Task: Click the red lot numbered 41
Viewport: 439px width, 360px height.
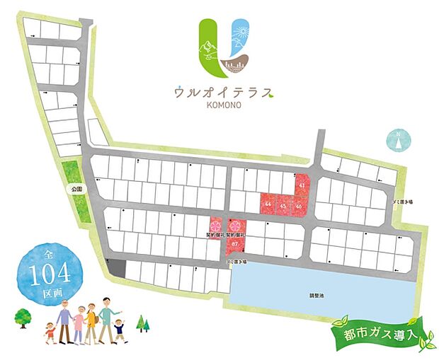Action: point(302,185)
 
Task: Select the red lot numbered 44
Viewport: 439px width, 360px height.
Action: point(268,204)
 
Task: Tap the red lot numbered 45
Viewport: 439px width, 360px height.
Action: point(284,205)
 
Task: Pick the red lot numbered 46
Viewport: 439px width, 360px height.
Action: point(300,205)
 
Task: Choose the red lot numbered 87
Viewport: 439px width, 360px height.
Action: point(234,244)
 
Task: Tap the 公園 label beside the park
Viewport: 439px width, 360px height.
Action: point(77,190)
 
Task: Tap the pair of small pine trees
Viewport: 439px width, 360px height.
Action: point(144,323)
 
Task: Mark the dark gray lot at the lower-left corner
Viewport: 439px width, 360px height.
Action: point(117,267)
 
